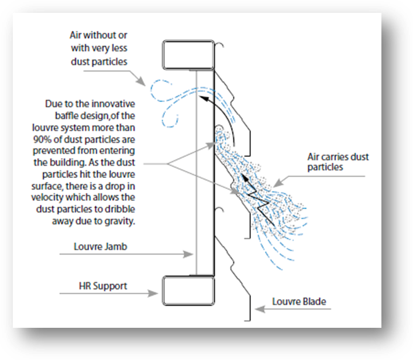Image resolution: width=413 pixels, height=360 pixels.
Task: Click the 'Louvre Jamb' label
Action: click(101, 246)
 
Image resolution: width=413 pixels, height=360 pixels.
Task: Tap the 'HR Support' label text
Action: click(103, 286)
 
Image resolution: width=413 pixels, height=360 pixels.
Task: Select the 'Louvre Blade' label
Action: click(299, 301)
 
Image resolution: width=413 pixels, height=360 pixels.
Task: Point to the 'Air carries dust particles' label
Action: click(338, 162)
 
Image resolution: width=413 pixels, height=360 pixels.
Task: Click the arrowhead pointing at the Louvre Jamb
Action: click(188, 254)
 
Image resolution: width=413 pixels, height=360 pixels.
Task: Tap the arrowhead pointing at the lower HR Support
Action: click(153, 293)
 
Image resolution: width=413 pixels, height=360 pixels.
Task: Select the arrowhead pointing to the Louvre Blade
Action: click(260, 309)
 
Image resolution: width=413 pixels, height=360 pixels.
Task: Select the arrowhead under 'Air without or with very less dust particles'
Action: click(141, 81)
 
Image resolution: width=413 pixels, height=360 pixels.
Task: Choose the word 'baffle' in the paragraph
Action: click(67, 116)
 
